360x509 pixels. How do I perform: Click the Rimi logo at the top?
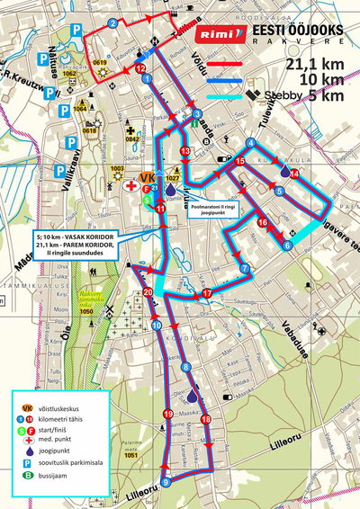point(220,34)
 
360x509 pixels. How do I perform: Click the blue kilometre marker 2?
point(112,22)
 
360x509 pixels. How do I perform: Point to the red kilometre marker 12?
point(139,68)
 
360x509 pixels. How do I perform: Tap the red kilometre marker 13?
point(185,151)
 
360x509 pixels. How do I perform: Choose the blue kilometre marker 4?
point(249,144)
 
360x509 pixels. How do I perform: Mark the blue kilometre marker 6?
point(287,245)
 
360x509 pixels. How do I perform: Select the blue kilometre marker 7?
point(244,269)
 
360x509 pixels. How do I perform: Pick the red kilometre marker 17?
point(207,294)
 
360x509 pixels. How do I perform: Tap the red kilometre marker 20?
point(148,293)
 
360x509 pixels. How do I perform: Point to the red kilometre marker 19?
point(167,414)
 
